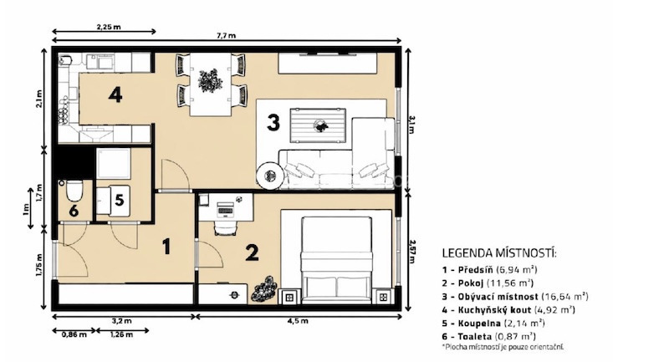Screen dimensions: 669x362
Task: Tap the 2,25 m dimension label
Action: [x=109, y=27]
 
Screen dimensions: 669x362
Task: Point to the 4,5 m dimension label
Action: [x=300, y=321]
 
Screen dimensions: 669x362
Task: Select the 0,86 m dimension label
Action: [x=74, y=334]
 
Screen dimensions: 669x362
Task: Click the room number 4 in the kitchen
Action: [x=115, y=94]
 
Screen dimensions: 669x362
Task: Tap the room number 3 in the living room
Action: [x=273, y=122]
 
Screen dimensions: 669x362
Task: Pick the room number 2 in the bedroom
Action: [x=252, y=252]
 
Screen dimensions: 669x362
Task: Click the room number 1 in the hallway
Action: [x=166, y=247]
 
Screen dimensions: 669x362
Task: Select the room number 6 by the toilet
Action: [x=74, y=211]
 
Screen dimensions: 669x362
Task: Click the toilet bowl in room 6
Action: [x=74, y=190]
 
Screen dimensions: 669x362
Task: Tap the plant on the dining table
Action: [x=210, y=80]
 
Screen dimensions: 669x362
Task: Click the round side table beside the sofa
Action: [x=269, y=176]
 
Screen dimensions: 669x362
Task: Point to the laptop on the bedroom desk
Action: [x=225, y=208]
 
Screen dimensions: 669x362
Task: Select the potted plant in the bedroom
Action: [x=263, y=289]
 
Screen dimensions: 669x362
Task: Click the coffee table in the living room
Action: [x=318, y=125]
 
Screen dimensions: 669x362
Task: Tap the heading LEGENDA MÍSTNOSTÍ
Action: [x=499, y=252]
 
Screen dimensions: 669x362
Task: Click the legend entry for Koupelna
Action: [x=493, y=324]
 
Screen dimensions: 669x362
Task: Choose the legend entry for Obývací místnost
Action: [x=515, y=296]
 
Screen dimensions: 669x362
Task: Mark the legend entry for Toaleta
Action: [x=489, y=336]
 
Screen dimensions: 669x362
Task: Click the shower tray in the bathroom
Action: [x=113, y=163]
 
